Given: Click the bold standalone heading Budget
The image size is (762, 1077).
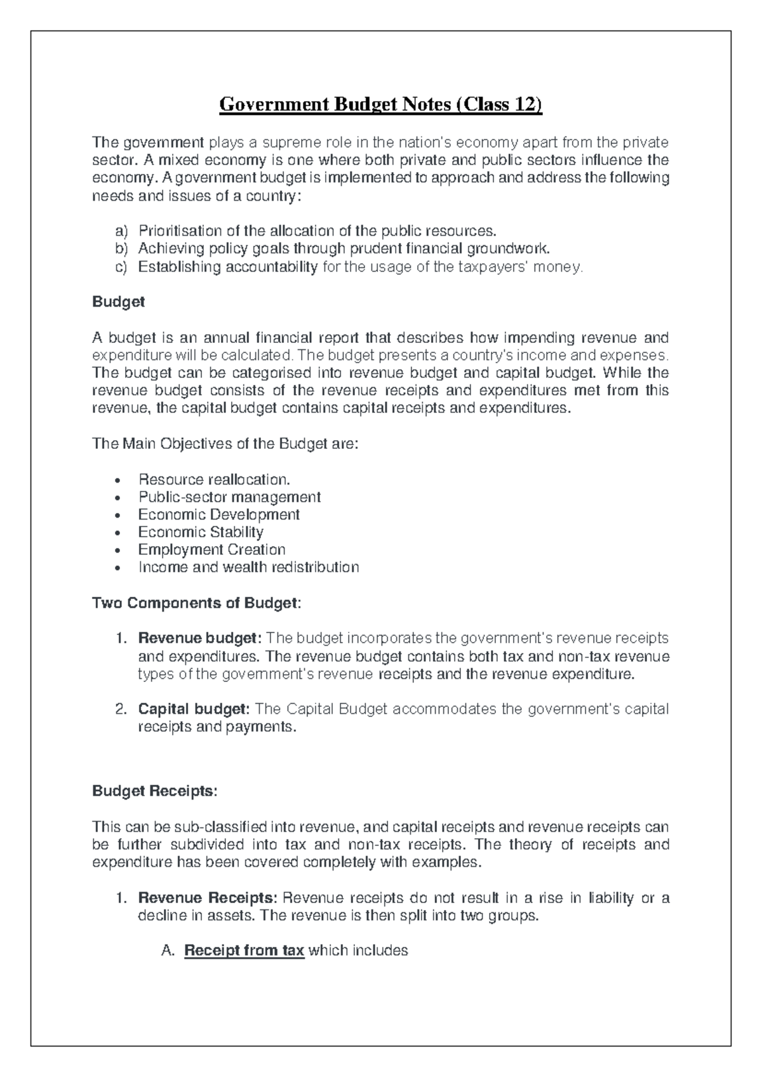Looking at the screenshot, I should pyautogui.click(x=118, y=302).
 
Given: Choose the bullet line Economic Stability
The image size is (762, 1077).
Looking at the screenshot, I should pyautogui.click(x=201, y=532).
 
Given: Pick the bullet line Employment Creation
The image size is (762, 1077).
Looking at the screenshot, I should pyautogui.click(x=211, y=550).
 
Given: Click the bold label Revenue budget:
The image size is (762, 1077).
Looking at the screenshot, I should pyautogui.click(x=199, y=638).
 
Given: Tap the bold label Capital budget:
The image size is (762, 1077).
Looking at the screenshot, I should pyautogui.click(x=194, y=709).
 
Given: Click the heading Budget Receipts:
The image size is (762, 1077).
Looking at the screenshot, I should pyautogui.click(x=154, y=791).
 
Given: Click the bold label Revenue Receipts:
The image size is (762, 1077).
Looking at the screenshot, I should pyautogui.click(x=208, y=898).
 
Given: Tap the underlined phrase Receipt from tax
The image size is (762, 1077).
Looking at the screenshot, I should pyautogui.click(x=244, y=951).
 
